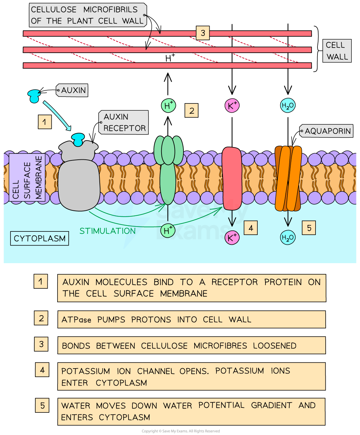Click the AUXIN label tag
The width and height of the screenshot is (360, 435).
pyautogui.click(x=72, y=90)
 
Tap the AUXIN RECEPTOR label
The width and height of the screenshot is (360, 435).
pyautogui.click(x=124, y=122)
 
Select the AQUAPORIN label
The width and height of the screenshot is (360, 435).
pyautogui.click(x=327, y=131)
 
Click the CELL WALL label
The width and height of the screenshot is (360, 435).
pyautogui.click(x=337, y=51)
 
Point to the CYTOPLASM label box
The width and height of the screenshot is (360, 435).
pyautogui.click(x=40, y=239)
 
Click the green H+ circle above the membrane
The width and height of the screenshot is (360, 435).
pyautogui.click(x=168, y=106)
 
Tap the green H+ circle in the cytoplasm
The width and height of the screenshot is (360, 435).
pyautogui.click(x=168, y=231)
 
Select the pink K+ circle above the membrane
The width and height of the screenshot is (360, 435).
pyautogui.click(x=232, y=106)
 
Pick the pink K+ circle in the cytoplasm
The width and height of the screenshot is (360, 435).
pyautogui.click(x=232, y=238)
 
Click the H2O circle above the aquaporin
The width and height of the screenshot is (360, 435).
pyautogui.click(x=288, y=106)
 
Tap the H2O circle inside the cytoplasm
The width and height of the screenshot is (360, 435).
pyautogui.click(x=288, y=238)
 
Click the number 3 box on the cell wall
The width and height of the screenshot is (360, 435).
pyautogui.click(x=203, y=33)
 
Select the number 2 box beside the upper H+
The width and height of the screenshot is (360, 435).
pyautogui.click(x=192, y=111)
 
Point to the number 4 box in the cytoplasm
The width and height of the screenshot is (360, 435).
pyautogui.click(x=251, y=228)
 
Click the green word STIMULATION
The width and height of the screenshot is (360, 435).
pyautogui.click(x=108, y=231)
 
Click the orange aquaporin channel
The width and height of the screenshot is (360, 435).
pyautogui.click(x=288, y=178)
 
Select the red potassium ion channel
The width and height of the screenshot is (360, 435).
pyautogui.click(x=232, y=178)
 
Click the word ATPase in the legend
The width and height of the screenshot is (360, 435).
pyautogui.click(x=76, y=320)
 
